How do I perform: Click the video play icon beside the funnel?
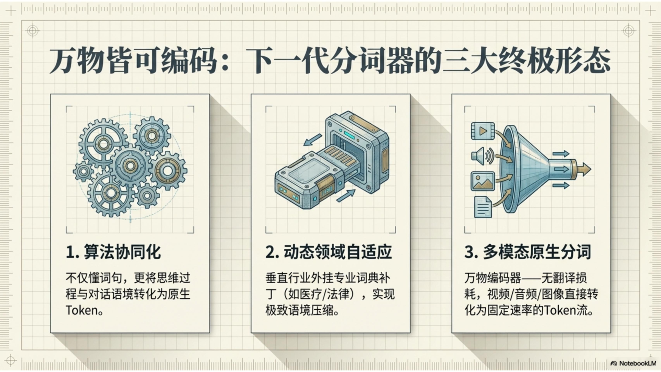point(483,131)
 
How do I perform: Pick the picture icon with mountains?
point(483,181)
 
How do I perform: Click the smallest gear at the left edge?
point(83,172)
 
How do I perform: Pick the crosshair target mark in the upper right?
point(628,31)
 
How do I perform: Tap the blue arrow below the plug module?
point(346,195)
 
